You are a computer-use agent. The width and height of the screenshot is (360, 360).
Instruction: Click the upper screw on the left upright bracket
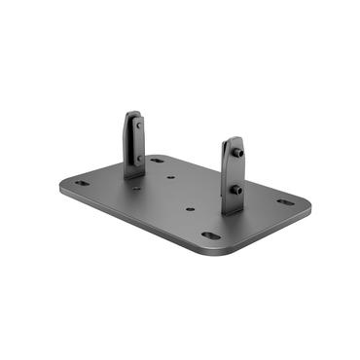point(138,126)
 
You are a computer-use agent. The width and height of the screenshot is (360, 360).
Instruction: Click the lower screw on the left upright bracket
point(138,157)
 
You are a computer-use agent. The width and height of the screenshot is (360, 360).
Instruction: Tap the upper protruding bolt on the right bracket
point(237,154)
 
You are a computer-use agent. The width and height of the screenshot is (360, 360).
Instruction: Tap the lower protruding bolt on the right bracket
point(237,190)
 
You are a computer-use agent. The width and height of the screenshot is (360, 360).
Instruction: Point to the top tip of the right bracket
point(231,139)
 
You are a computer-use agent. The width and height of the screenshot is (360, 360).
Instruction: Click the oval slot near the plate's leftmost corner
point(81,182)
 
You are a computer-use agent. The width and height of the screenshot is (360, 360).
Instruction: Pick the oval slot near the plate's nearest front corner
point(211,234)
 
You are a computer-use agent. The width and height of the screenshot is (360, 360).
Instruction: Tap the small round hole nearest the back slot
point(171,178)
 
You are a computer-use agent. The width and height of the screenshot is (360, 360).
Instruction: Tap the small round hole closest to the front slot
point(190,207)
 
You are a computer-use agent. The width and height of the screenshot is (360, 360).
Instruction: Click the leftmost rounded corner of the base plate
point(62,185)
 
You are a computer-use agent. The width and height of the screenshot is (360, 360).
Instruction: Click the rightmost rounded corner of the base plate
point(308,205)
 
